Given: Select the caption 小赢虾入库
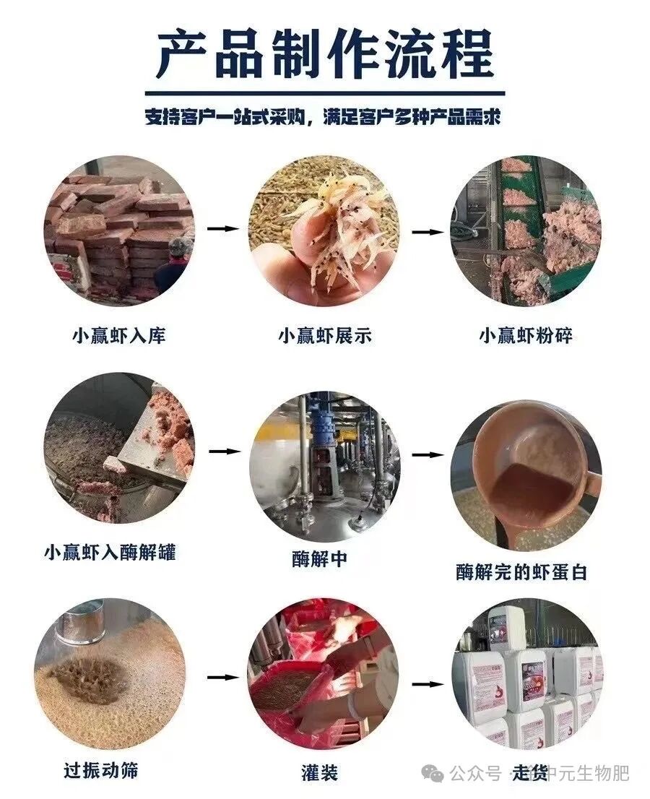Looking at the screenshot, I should [x=118, y=336].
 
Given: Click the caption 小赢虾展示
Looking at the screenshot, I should [x=326, y=336].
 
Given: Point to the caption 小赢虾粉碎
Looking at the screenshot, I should [x=526, y=336].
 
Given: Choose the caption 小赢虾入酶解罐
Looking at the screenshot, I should [x=109, y=553].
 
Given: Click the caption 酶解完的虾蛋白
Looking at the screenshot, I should [x=521, y=573].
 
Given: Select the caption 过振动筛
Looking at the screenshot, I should [x=100, y=770].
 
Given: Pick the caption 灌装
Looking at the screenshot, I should [x=319, y=773].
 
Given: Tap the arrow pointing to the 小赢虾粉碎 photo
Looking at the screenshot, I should [x=426, y=233].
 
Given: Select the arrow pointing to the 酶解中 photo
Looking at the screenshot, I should [x=224, y=452].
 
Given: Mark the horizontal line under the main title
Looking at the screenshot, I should [x=324, y=93].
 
